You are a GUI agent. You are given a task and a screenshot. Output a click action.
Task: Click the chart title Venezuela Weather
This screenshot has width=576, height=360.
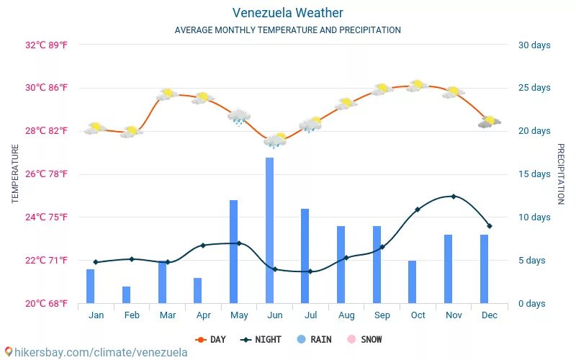(x=287, y=13)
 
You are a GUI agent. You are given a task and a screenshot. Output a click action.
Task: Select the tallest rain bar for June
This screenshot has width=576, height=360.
(x=269, y=230)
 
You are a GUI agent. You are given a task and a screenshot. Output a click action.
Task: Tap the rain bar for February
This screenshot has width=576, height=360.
(x=127, y=294)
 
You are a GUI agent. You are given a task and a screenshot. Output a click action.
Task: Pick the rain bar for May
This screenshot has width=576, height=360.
(x=234, y=252)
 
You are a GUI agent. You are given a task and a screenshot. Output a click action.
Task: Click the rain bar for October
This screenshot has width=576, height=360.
(x=413, y=282)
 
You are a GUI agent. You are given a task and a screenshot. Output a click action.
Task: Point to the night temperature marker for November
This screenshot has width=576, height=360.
(x=453, y=196)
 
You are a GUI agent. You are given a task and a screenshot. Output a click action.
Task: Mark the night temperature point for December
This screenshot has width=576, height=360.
(x=490, y=226)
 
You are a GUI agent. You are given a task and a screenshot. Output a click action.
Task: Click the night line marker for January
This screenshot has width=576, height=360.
(x=95, y=262)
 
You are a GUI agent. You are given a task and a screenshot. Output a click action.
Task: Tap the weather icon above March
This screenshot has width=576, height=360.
(x=167, y=94)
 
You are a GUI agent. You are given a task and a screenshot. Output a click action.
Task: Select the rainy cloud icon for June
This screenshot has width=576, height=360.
(x=275, y=140)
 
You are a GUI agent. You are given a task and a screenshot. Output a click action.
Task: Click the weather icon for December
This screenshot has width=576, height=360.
(x=490, y=122)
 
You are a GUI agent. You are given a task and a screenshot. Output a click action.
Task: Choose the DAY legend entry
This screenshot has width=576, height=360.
(x=211, y=339)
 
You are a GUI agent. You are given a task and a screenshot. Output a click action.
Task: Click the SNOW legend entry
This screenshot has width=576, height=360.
(x=365, y=339)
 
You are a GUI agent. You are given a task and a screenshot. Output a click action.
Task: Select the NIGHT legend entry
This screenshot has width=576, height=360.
(x=261, y=339)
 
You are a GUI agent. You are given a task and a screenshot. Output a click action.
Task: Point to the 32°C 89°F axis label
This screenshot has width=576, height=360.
(x=47, y=45)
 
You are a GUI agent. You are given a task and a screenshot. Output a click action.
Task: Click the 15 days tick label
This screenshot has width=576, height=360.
(x=534, y=174)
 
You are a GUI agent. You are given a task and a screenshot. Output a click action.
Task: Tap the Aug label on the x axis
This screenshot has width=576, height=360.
(x=346, y=315)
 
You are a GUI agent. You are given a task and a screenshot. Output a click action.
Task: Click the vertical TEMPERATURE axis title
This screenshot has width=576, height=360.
(x=15, y=174)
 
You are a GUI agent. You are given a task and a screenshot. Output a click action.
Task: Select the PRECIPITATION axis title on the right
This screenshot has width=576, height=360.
(x=561, y=174)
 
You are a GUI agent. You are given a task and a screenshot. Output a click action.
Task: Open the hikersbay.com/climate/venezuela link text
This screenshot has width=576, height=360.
(x=96, y=352)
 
